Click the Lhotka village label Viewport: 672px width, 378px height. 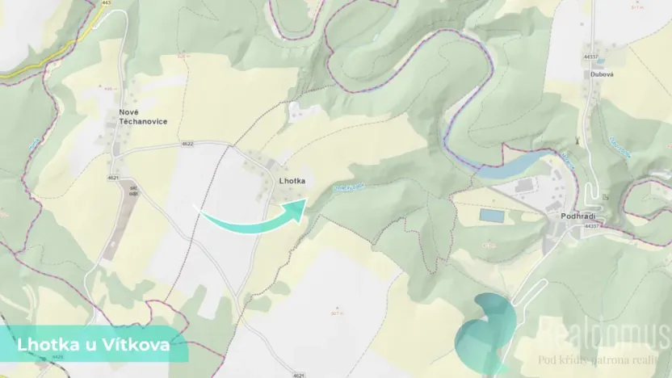coord(291,181)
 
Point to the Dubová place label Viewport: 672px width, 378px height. coord(600,73)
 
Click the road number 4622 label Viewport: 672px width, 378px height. coord(187,144)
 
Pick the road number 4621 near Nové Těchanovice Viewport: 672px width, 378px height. coord(112,177)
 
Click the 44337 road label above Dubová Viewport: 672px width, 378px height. coord(591,57)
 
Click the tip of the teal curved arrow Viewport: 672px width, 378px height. coord(304,201)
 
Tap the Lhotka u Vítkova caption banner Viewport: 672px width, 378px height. coord(93,346)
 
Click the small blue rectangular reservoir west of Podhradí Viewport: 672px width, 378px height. coord(490,216)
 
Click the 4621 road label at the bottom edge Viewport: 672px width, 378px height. coord(299,375)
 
